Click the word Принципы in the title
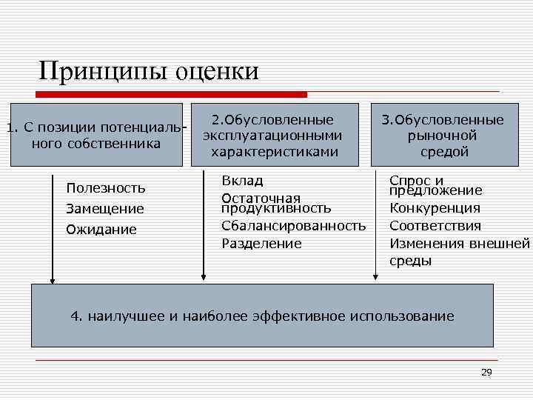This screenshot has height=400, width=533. [x=103, y=71]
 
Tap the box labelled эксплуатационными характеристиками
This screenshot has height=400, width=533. [x=272, y=136]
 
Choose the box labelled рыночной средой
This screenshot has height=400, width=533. [x=443, y=136]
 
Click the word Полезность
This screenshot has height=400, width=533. [x=105, y=188]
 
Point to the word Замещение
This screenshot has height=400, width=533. [x=104, y=209]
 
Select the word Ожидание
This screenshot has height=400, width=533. [x=101, y=230]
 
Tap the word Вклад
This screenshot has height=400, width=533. [x=242, y=180]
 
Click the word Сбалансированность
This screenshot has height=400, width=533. [x=293, y=225]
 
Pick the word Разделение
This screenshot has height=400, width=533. [x=261, y=243]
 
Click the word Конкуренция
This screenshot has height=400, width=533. [x=435, y=208]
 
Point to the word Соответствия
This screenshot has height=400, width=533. [x=435, y=226]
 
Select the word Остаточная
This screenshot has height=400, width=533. [x=261, y=198]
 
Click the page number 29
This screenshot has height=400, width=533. [x=486, y=372]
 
